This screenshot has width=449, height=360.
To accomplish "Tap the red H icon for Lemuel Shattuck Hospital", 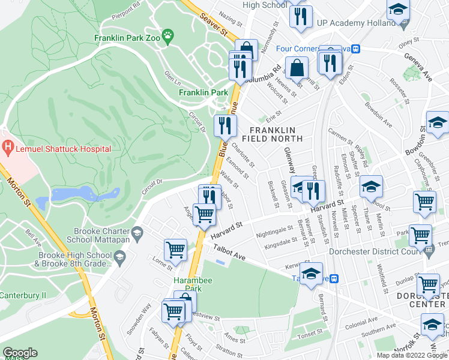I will click(x=7, y=146).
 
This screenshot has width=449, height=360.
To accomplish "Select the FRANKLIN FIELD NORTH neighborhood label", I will click(x=273, y=134).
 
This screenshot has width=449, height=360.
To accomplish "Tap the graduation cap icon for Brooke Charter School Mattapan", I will click(x=137, y=232).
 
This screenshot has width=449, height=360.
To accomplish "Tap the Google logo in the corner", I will click(x=20, y=353).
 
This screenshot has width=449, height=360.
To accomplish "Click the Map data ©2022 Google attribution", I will click(x=411, y=355).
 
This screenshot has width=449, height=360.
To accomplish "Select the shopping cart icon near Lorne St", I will click(x=175, y=249).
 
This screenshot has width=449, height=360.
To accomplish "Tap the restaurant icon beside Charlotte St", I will click(x=225, y=125).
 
